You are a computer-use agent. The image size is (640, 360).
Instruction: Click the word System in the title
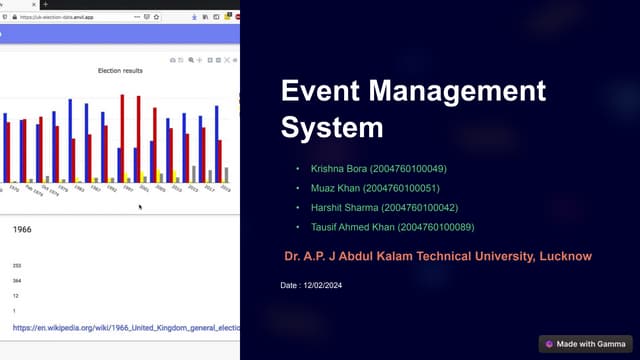click(x=332, y=128)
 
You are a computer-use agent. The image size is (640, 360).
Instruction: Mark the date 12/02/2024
click(x=324, y=287)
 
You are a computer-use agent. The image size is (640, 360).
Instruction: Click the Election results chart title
click(x=120, y=71)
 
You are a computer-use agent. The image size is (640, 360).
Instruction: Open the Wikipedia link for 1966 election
click(x=125, y=327)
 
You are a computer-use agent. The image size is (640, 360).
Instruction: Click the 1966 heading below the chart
click(x=23, y=229)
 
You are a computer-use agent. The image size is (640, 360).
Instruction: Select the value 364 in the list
click(x=16, y=281)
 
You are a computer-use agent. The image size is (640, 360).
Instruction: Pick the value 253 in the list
click(x=16, y=265)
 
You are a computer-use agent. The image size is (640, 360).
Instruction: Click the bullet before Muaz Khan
click(x=297, y=188)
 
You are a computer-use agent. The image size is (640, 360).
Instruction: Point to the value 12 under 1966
click(x=15, y=296)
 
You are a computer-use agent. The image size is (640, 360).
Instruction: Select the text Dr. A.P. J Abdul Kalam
click(x=344, y=257)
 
